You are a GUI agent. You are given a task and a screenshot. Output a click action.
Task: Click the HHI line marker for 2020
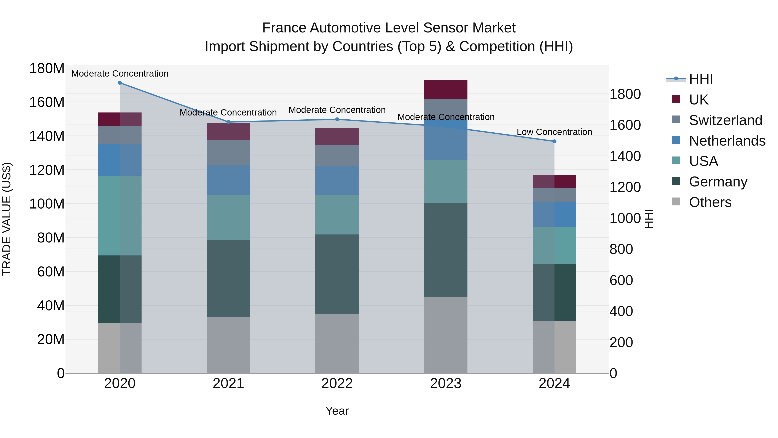(120, 83)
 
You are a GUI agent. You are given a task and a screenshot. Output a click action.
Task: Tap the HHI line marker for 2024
(554, 141)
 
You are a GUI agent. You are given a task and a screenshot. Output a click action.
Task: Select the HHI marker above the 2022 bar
(337, 119)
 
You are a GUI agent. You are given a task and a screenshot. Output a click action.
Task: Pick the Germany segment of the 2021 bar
(228, 278)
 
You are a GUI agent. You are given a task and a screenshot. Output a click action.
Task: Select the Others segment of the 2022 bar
(337, 344)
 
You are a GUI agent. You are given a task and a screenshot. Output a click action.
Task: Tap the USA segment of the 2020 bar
(120, 216)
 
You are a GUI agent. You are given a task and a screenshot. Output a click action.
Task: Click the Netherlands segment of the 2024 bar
(554, 215)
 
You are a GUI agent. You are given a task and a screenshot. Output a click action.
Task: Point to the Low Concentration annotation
(554, 132)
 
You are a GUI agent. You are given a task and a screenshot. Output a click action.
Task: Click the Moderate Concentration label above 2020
(120, 74)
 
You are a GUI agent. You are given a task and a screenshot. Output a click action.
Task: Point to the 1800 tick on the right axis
(625, 94)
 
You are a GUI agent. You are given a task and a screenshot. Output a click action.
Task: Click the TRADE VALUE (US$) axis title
(7, 219)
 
